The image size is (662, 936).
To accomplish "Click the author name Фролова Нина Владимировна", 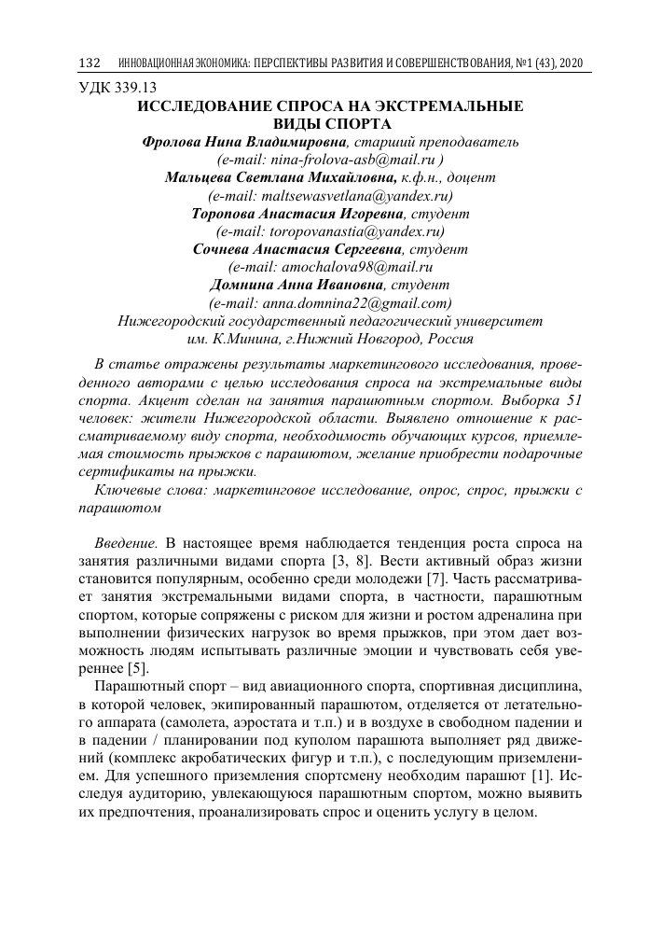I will coord(242,142).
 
